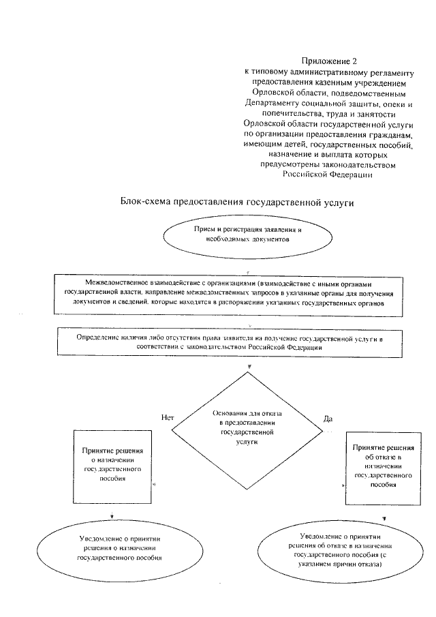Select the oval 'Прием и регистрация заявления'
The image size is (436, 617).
point(247,235)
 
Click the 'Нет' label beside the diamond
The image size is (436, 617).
point(169,416)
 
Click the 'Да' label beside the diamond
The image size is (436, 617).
point(328,417)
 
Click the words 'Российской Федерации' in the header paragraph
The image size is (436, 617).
point(328,175)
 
